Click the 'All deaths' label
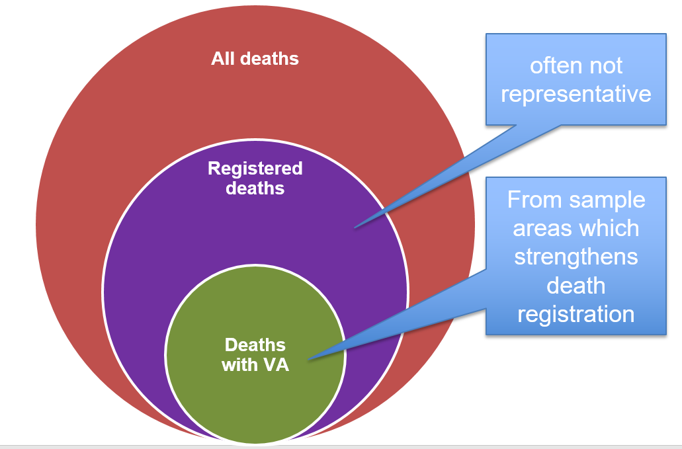click(255, 59)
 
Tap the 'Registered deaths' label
click(255, 179)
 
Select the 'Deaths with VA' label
click(255, 354)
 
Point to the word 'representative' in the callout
click(575, 94)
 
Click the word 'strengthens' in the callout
click(575, 257)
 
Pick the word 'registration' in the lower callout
click(575, 313)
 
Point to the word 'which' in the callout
click(609, 228)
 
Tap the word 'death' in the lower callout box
click(575, 285)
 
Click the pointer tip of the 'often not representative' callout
click(355, 227)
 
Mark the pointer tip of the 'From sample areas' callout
click(308, 360)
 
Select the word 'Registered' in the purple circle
click(255, 169)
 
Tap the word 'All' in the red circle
click(222, 59)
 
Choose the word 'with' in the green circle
click(239, 364)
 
